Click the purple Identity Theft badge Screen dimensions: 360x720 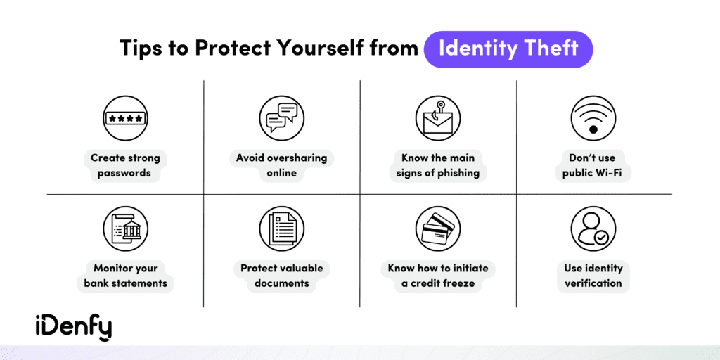coord(508,49)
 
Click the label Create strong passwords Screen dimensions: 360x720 coord(125,165)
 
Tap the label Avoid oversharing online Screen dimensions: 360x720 coord(281,165)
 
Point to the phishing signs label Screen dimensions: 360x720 coord(437,165)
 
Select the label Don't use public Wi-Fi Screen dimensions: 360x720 coord(593,165)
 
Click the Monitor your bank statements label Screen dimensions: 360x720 coord(125,276)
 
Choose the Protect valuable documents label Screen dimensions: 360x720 coord(281,276)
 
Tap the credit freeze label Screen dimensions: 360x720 coord(437,276)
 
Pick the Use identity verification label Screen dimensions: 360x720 coord(593,276)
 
